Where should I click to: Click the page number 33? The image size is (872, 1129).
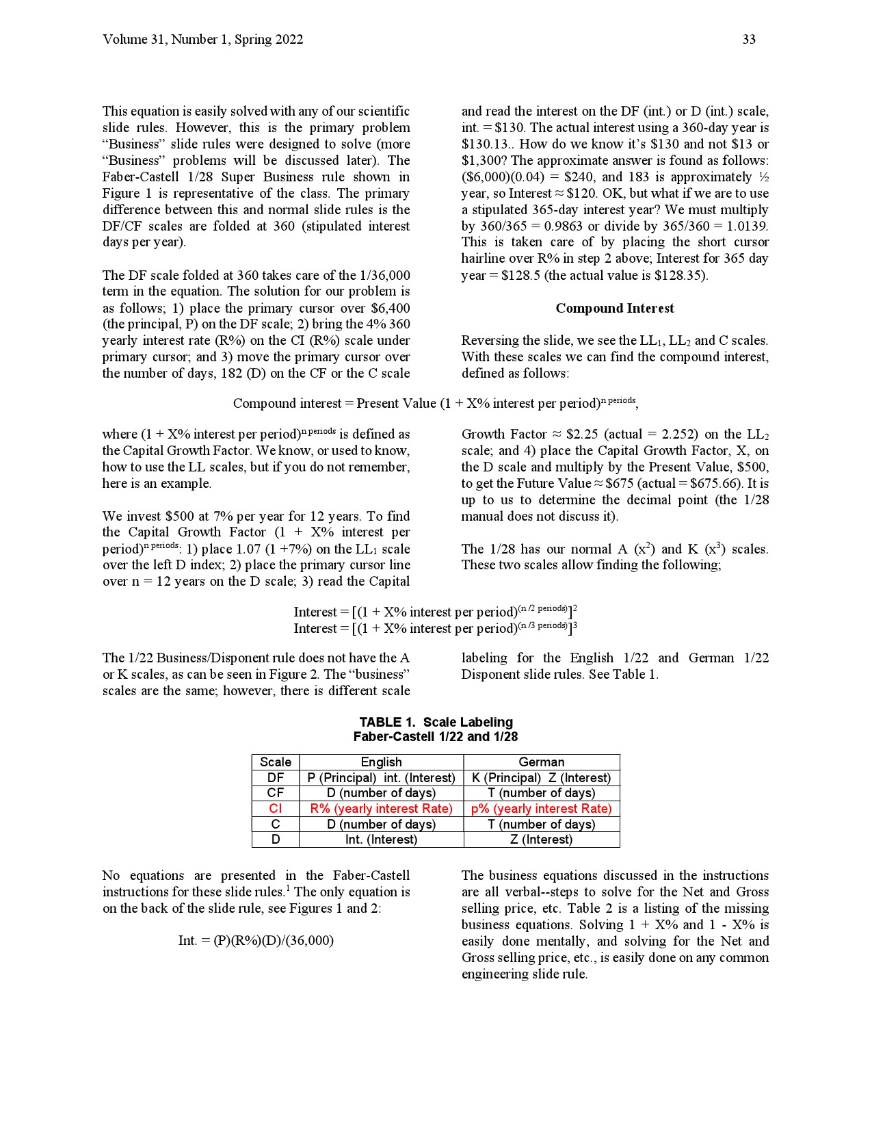tap(749, 40)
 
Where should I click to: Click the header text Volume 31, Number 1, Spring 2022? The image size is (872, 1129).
tap(203, 40)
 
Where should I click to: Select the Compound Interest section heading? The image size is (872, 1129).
tap(614, 309)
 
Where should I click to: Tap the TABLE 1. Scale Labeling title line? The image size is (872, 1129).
tap(436, 723)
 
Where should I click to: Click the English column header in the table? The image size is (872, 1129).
tap(381, 762)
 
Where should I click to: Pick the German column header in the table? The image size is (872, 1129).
tap(541, 762)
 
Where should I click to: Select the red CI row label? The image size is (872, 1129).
tap(276, 809)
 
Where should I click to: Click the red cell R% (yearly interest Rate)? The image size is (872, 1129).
tap(381, 809)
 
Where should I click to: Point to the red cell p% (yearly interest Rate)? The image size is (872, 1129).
tap(541, 809)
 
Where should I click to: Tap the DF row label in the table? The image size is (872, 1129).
tap(276, 778)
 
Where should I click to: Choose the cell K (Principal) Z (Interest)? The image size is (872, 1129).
tap(541, 778)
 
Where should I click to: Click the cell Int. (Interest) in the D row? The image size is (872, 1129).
tap(381, 840)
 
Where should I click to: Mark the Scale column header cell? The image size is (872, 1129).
tap(276, 762)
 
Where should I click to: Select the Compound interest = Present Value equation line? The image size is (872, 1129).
tap(436, 403)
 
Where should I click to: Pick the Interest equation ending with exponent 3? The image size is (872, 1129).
tap(436, 628)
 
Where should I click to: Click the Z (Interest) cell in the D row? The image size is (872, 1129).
tap(541, 840)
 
